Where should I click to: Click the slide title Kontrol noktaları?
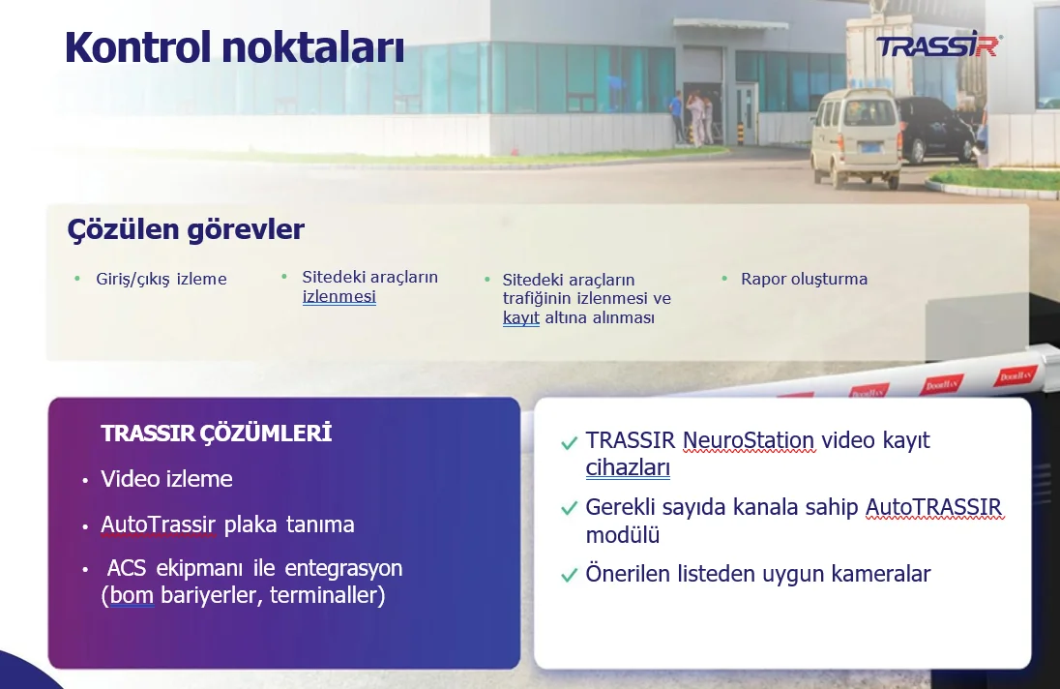point(235,47)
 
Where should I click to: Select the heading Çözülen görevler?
point(186,229)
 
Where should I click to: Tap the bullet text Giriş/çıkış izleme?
point(162,279)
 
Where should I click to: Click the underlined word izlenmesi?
point(339,296)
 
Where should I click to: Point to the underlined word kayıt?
point(521,317)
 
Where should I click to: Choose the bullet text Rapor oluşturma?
point(804,279)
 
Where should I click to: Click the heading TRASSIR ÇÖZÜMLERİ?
point(217,434)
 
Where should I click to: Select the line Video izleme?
point(166,479)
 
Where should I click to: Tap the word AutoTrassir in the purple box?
point(159,524)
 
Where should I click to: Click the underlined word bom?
point(132,595)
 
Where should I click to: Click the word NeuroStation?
point(749,440)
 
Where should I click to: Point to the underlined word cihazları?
point(628,467)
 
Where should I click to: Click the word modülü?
point(623,535)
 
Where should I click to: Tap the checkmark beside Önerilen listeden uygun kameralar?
point(570,575)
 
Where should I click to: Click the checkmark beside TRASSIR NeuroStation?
point(570,442)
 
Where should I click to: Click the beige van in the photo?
point(856,138)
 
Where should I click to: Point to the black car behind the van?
point(936,129)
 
